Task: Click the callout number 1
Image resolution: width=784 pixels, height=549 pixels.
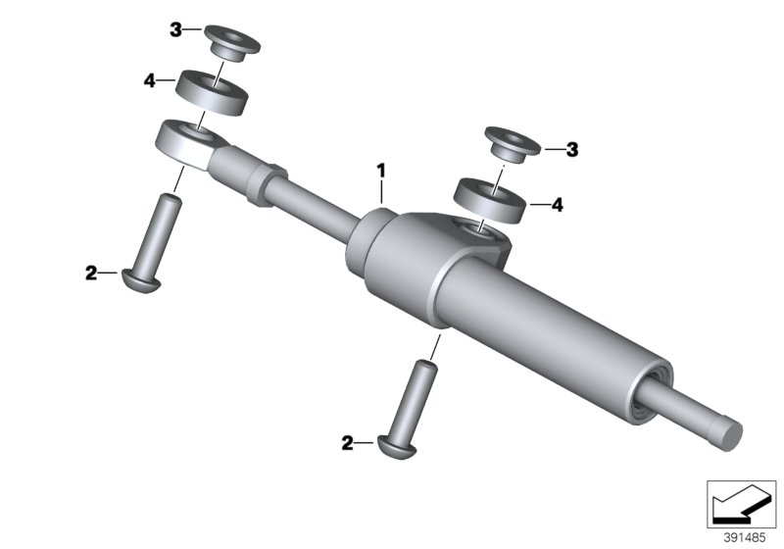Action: pos(382,171)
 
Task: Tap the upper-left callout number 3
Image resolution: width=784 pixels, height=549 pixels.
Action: pos(176,30)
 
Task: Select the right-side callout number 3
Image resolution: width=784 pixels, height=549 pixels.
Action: pos(573,150)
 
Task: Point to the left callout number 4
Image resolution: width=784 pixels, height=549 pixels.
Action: pos(150,80)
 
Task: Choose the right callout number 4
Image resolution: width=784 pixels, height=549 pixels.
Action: pos(558,205)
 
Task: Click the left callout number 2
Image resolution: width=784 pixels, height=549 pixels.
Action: pos(91,274)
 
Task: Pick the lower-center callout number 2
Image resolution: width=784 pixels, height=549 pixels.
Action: pos(348,443)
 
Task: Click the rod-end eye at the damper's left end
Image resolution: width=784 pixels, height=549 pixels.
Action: pos(185,143)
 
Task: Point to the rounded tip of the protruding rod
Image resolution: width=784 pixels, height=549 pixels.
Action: pos(729,434)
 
